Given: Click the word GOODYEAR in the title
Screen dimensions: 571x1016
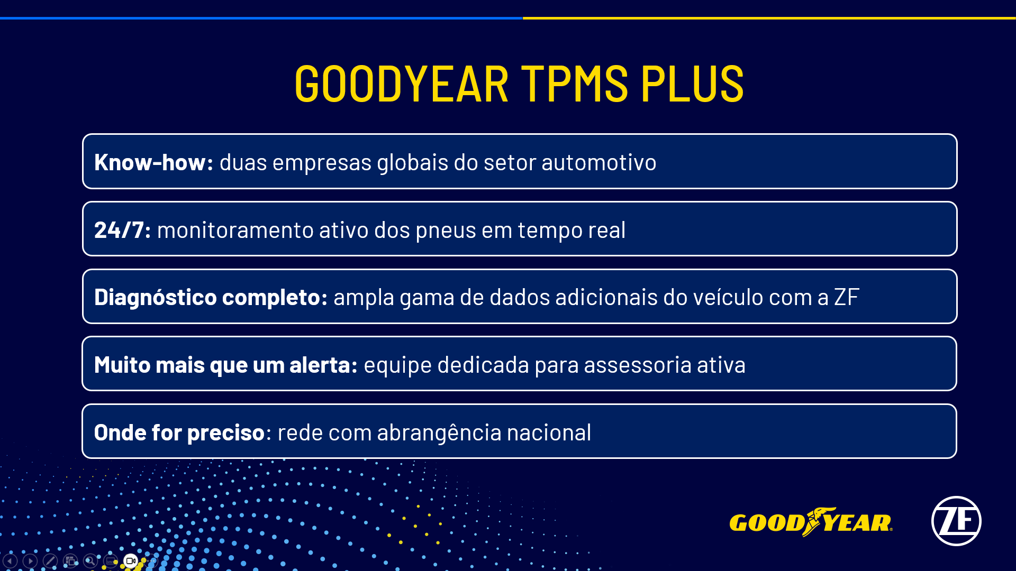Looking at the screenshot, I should click(x=401, y=84).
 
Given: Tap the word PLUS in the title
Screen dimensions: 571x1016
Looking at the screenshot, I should click(x=692, y=84).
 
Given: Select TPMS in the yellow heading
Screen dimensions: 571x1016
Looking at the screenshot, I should click(x=575, y=84).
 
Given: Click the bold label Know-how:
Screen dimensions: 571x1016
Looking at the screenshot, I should click(x=153, y=162).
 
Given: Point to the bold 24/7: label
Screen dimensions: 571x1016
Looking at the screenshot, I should click(x=122, y=230).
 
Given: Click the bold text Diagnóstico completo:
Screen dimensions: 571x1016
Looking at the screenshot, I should click(x=211, y=297).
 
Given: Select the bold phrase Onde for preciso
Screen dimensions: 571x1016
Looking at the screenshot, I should click(x=179, y=432).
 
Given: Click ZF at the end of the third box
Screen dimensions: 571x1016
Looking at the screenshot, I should click(x=846, y=297).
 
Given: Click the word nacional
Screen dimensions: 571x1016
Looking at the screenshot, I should click(x=549, y=432).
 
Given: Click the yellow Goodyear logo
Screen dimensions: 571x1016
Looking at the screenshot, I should click(x=810, y=522).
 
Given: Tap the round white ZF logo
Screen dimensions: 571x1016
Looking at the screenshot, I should click(x=956, y=521).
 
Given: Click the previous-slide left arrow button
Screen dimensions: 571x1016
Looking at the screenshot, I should click(x=10, y=561).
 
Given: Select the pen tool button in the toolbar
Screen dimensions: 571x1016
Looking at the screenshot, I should click(x=50, y=561).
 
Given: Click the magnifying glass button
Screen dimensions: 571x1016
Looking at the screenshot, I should click(x=90, y=561).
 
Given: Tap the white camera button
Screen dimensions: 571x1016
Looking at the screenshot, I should click(x=131, y=561).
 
